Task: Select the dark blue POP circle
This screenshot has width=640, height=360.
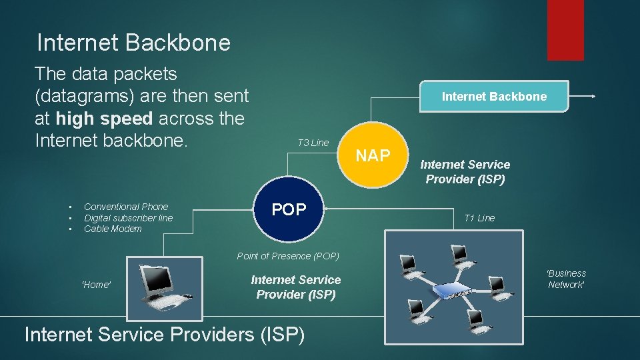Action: (289, 209)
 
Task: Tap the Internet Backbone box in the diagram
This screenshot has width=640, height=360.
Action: (494, 97)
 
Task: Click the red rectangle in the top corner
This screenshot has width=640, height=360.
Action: (565, 29)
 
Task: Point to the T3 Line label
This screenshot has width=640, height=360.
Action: (313, 142)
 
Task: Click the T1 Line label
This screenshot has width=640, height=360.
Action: (479, 218)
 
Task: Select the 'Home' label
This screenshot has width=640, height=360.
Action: (96, 285)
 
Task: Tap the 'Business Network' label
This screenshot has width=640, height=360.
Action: (566, 279)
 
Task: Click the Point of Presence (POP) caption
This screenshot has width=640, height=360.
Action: (288, 256)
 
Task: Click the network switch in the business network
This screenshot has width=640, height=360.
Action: (453, 292)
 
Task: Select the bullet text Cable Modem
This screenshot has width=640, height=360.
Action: (113, 229)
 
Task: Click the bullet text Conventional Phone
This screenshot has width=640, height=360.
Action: (126, 207)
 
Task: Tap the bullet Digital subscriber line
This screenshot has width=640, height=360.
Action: (128, 218)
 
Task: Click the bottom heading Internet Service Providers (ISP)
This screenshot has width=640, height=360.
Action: (164, 333)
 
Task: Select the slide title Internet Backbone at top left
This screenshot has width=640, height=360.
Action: (133, 43)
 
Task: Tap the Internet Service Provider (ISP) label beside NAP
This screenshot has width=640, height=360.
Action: (465, 171)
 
